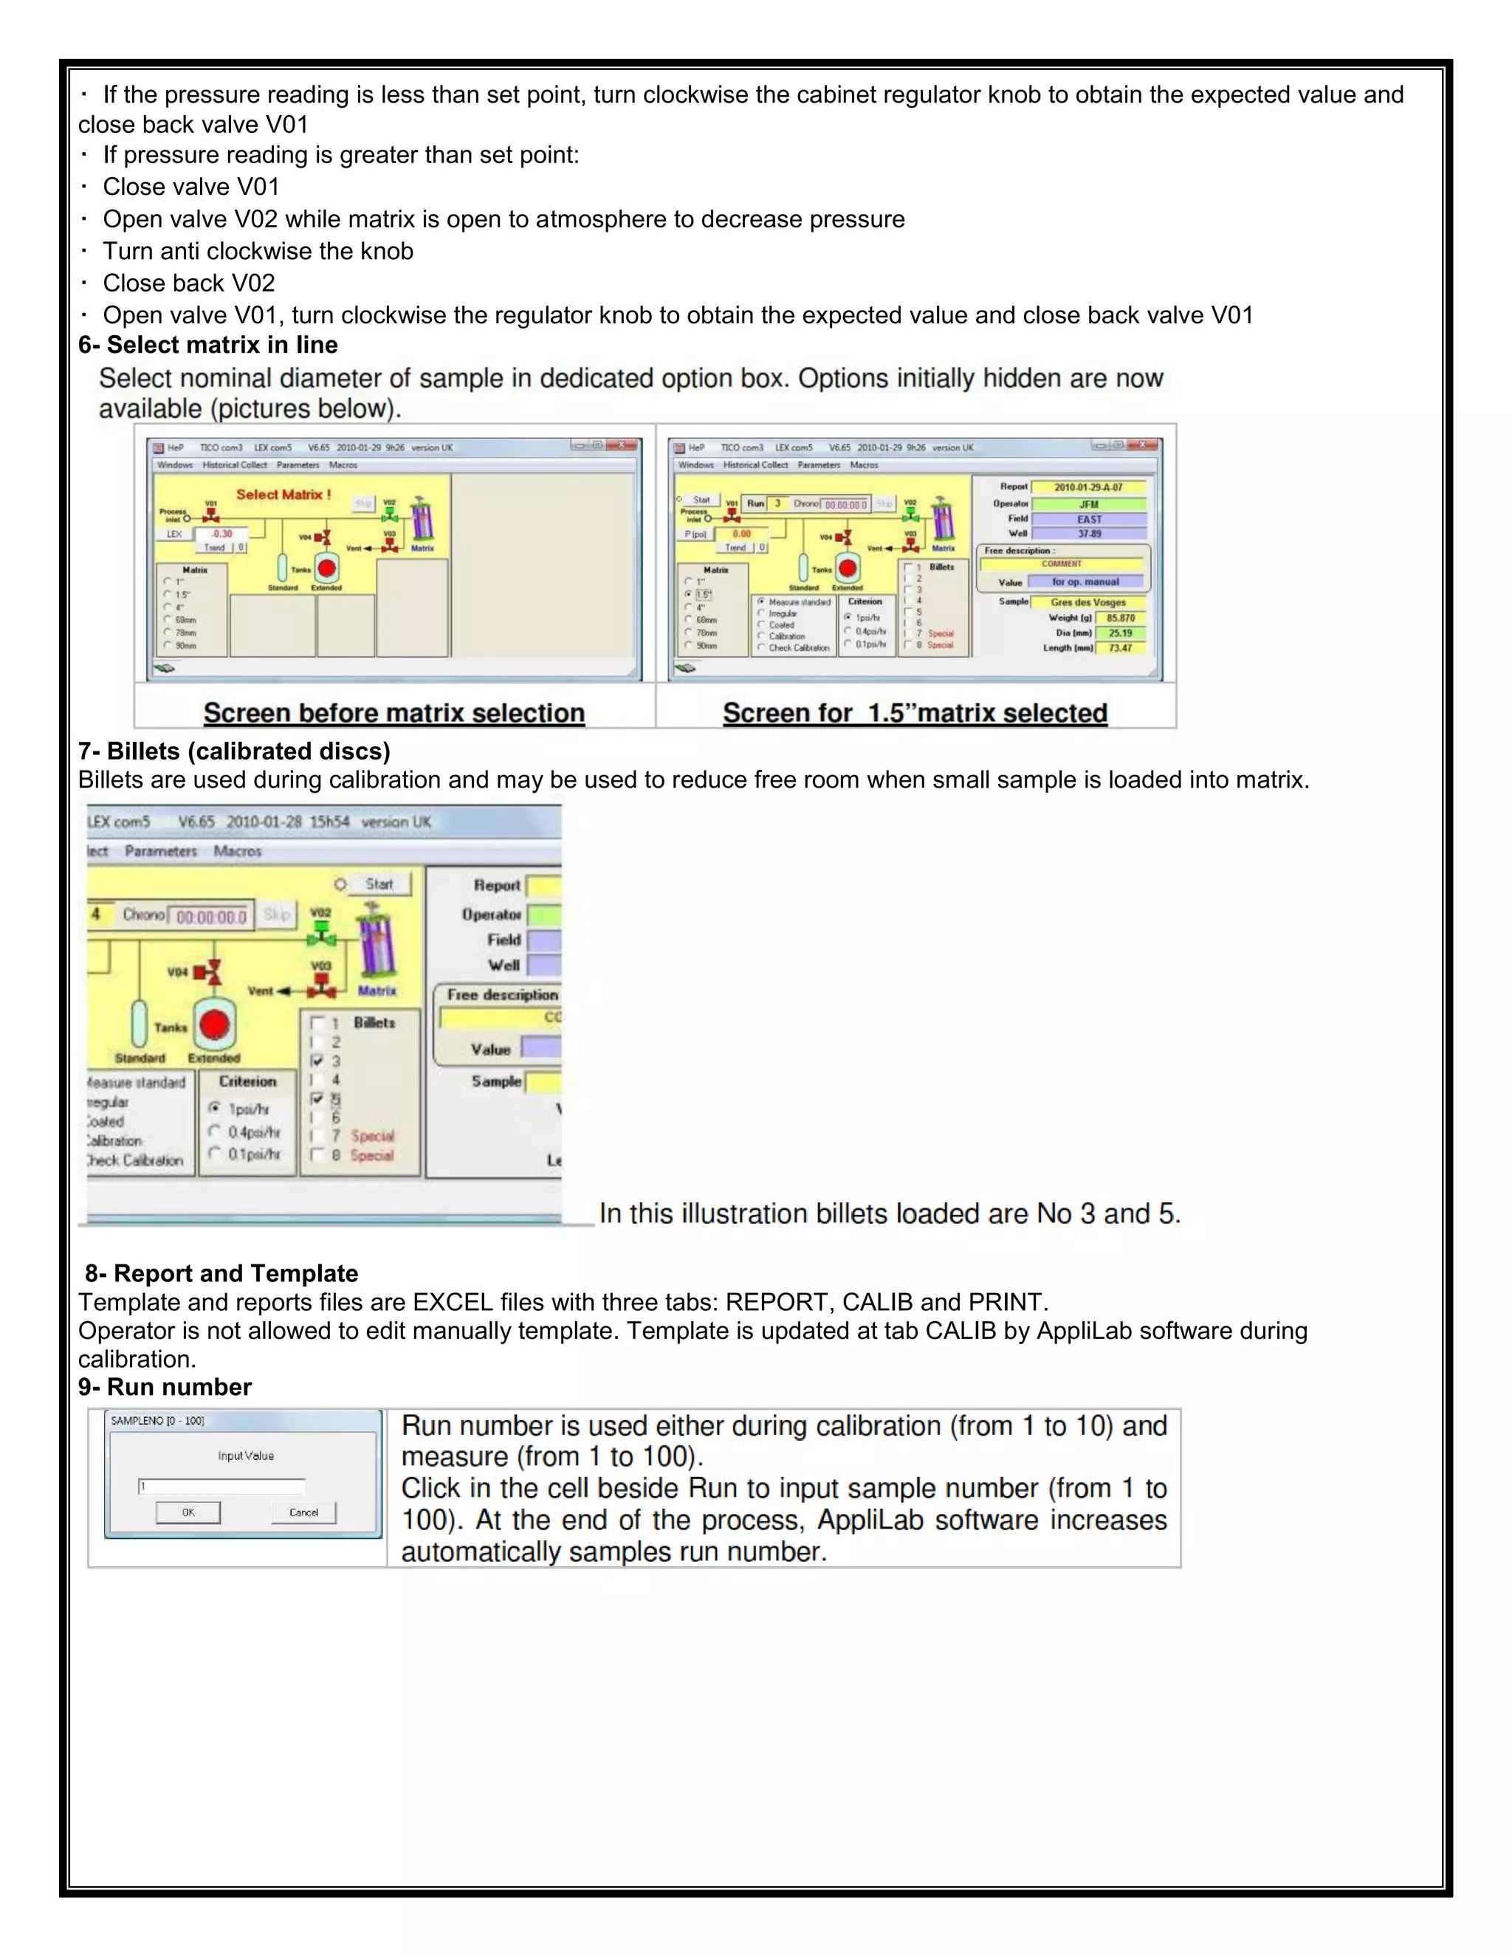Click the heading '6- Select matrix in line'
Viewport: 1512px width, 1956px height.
(207, 345)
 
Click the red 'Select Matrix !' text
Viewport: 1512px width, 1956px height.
(283, 495)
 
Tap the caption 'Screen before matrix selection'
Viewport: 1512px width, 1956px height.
(394, 713)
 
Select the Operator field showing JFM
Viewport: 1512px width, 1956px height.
(1088, 504)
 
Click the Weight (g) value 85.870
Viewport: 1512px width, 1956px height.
(1120, 618)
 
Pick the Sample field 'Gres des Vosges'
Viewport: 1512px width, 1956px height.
(1087, 603)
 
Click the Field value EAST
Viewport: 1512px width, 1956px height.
(1088, 520)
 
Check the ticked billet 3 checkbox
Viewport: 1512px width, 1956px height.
(317, 1061)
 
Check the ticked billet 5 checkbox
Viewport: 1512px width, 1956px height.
(317, 1099)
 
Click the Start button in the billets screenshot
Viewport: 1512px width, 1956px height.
(379, 884)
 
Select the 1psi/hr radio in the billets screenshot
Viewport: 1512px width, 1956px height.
(215, 1108)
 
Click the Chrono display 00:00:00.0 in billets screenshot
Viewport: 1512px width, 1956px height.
(211, 916)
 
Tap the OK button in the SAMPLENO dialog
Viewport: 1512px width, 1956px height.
(188, 1512)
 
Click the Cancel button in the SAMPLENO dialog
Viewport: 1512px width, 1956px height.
(303, 1512)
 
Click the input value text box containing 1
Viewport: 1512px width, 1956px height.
(221, 1487)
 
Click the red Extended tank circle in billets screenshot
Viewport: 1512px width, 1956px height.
(215, 1025)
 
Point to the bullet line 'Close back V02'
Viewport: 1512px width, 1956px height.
(188, 283)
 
